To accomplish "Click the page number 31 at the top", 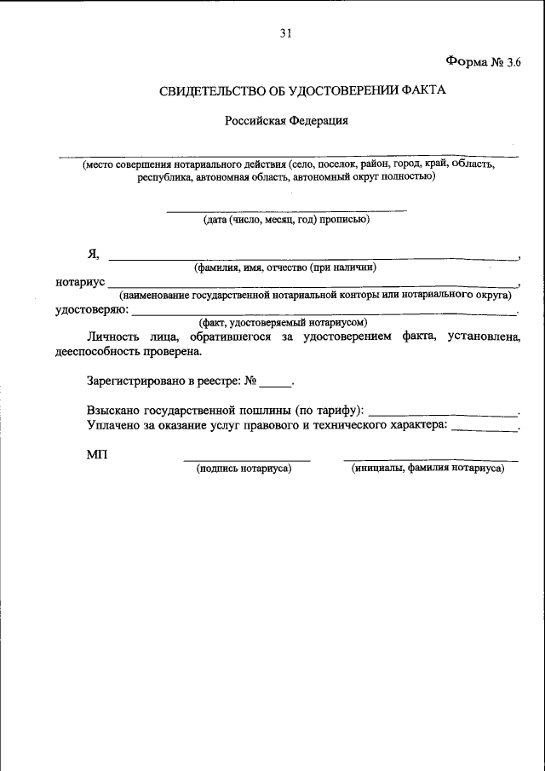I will (285, 33).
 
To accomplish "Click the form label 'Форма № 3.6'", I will (482, 61).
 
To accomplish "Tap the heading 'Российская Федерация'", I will (286, 121).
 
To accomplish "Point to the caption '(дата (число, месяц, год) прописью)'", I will (285, 220).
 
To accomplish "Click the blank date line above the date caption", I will (285, 210).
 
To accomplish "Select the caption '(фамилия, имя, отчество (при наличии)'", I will (285, 267).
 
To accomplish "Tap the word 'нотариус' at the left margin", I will (79, 281).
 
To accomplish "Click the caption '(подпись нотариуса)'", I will (244, 468).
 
